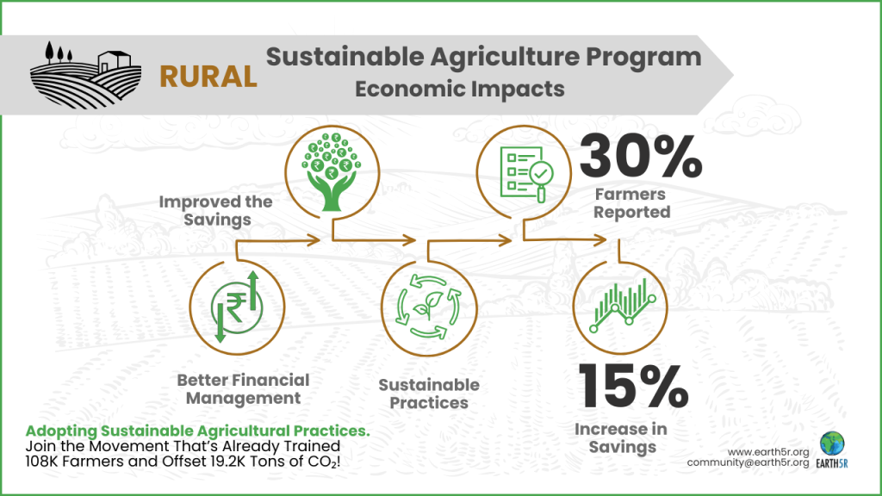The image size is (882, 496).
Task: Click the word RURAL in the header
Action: point(208,76)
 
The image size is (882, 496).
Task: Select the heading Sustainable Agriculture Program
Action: point(482,58)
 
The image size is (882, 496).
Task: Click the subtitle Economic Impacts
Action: point(460,89)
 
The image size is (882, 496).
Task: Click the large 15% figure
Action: point(633,387)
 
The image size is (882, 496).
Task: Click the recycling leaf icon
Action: point(428,308)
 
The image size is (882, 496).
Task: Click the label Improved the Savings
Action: point(215,210)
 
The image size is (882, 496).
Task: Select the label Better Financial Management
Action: point(243,388)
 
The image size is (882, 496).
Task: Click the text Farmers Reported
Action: point(631,203)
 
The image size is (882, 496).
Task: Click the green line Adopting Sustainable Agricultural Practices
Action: point(197,430)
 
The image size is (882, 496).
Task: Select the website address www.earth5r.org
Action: point(768,451)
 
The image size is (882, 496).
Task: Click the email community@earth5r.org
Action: point(748,463)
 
